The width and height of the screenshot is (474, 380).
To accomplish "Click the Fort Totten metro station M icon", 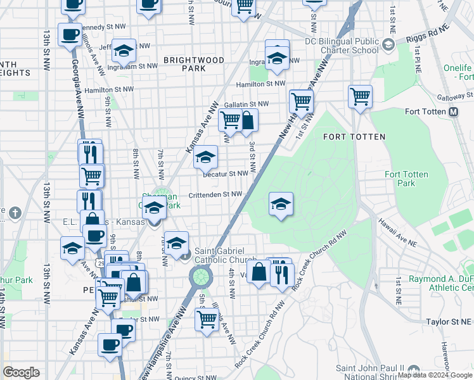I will pyautogui.click(x=454, y=112).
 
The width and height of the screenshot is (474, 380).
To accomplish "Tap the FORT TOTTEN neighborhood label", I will pyautogui.click(x=350, y=136).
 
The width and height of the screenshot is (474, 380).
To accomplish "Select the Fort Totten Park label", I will pyautogui.click(x=406, y=179).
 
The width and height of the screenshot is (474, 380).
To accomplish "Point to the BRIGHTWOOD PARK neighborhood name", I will pyautogui.click(x=194, y=64).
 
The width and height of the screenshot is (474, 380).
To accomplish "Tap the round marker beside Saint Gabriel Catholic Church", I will pyautogui.click(x=184, y=256).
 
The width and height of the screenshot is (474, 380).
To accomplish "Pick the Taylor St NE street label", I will pyautogui.click(x=440, y=322).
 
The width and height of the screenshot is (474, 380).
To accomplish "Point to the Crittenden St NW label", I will pyautogui.click(x=215, y=194).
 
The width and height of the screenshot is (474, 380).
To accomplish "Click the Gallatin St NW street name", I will pyautogui.click(x=247, y=104).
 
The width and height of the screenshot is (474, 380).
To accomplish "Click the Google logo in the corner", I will pyautogui.click(x=21, y=372).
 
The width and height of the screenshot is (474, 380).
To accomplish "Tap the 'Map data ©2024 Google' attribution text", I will pyautogui.click(x=435, y=375).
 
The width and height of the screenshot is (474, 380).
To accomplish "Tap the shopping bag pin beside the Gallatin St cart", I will pyautogui.click(x=247, y=120).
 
